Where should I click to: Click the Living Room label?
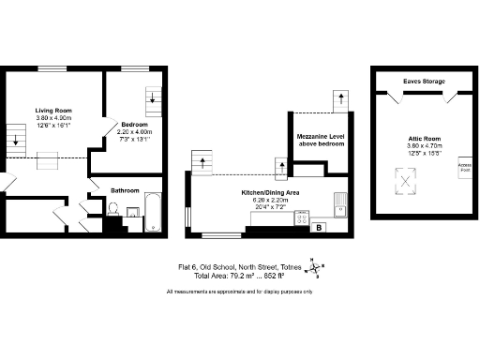[53, 111]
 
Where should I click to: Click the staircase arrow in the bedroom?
[154, 97]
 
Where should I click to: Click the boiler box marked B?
[319, 227]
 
